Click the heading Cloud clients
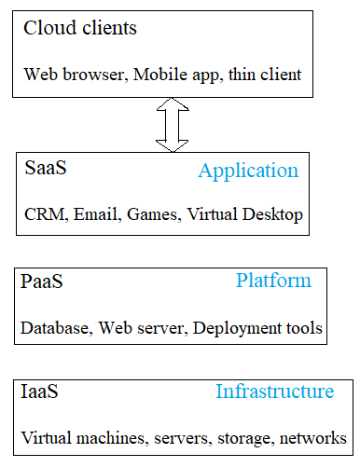pos(79,28)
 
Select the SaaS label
pos(46,169)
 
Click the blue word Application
pos(248,172)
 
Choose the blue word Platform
pos(273,281)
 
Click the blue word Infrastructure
pos(274,391)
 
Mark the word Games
pos(153,215)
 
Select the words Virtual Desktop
pos(244,215)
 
